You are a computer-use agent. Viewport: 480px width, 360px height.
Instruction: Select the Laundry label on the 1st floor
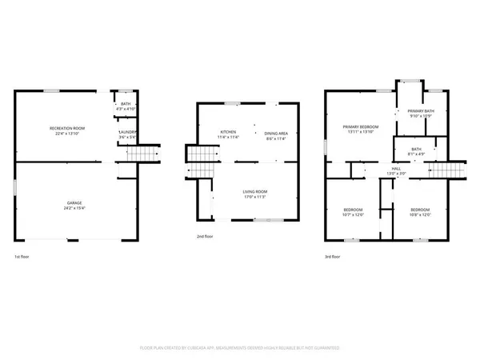(128, 133)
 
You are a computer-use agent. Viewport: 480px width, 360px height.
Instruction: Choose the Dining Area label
(276, 132)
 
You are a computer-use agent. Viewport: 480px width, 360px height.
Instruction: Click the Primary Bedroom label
(360, 126)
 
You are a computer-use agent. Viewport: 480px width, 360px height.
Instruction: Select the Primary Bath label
(420, 112)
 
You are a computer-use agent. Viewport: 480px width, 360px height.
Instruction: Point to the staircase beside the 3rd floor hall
(449, 170)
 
